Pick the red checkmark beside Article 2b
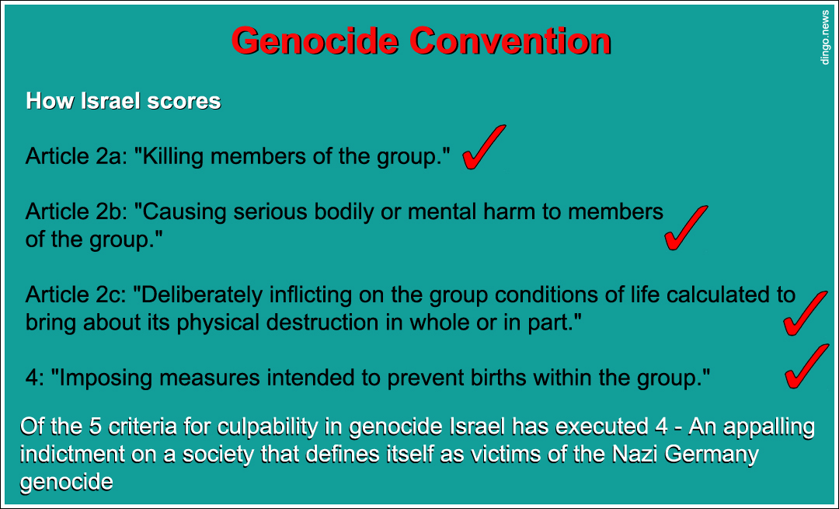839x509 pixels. pyautogui.click(x=685, y=228)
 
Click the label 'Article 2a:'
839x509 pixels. pyautogui.click(x=75, y=156)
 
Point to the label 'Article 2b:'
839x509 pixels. pyautogui.click(x=75, y=211)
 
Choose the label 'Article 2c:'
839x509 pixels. pyautogui.click(x=75, y=295)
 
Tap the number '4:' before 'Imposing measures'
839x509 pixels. pyautogui.click(x=35, y=378)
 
